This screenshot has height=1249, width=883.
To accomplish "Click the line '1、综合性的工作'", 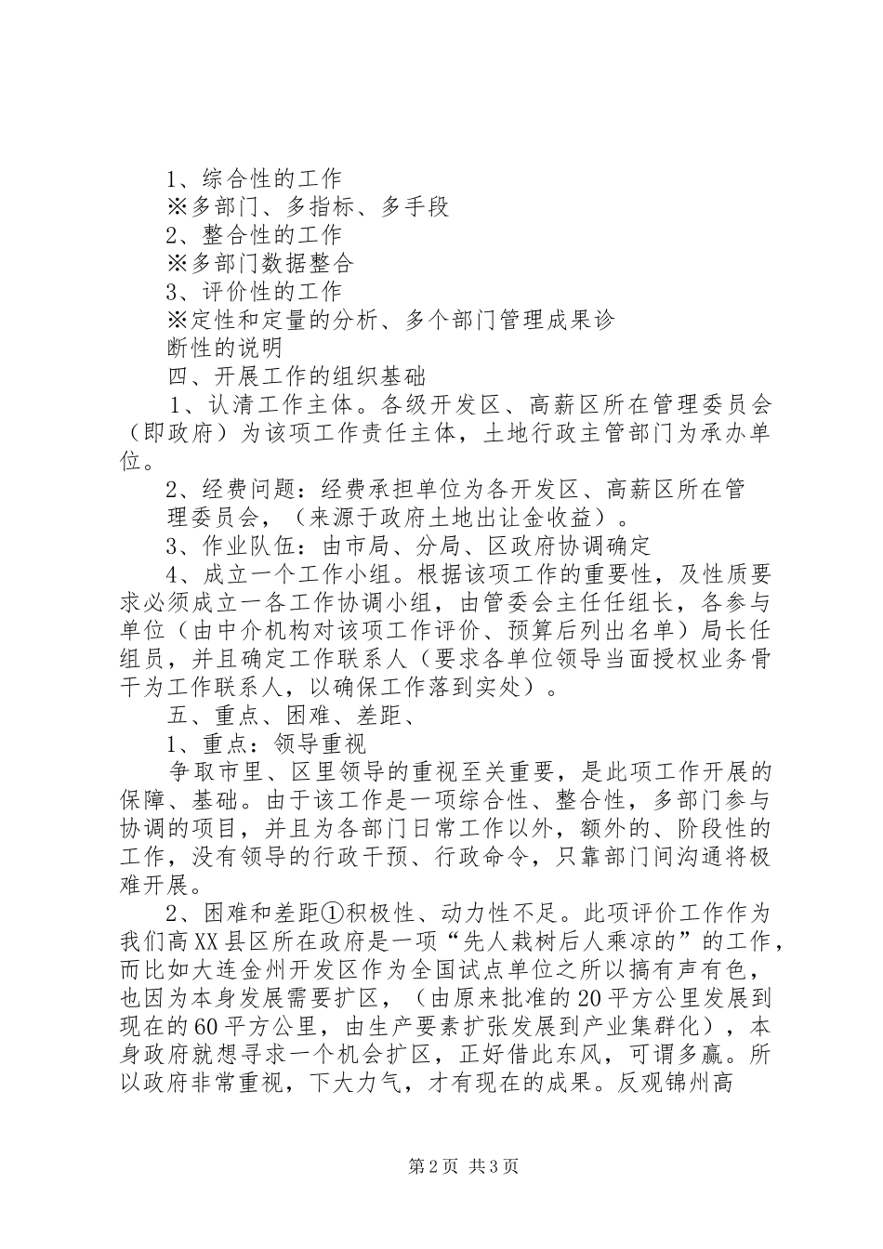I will click(x=254, y=178).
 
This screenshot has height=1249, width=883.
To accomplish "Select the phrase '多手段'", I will click(x=415, y=207).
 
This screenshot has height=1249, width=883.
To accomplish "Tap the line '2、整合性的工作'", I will click(x=254, y=236).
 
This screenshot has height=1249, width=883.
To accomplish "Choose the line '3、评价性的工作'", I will click(x=254, y=292).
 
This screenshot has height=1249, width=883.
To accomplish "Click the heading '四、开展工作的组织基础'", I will click(x=296, y=376).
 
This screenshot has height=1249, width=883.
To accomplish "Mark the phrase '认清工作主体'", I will click(x=279, y=405).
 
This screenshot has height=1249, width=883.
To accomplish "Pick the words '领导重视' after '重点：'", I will click(x=321, y=743).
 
